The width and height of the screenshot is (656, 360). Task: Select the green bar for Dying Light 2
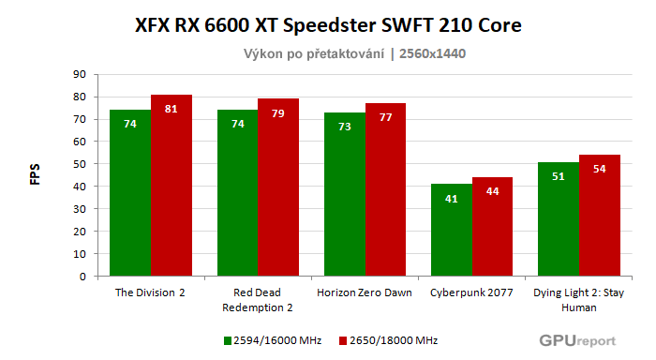[559, 219]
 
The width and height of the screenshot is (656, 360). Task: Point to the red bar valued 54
[600, 216]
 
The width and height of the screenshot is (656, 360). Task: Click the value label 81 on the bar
[171, 109]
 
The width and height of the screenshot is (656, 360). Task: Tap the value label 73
[344, 127]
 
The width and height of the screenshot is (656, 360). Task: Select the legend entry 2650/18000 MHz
[390, 340]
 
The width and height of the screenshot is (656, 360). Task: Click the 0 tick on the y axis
[82, 277]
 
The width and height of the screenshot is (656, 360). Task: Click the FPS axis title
[36, 176]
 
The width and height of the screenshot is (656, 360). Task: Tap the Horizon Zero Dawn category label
[365, 292]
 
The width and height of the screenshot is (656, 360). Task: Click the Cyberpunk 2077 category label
[471, 292]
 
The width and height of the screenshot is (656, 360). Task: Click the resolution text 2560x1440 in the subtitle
[432, 53]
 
